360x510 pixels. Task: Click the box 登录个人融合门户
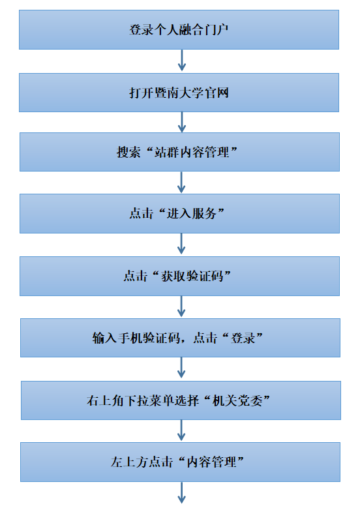(x=179, y=29)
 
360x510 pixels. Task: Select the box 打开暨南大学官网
(x=179, y=93)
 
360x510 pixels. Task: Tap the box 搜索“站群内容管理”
(x=179, y=152)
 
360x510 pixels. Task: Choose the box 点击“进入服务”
(x=179, y=214)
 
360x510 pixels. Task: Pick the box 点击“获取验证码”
(x=179, y=276)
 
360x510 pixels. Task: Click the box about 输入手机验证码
(x=180, y=338)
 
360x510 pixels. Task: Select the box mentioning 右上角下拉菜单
(x=181, y=400)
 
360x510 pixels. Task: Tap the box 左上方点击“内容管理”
(x=180, y=462)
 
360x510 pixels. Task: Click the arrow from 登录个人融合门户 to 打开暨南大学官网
(x=182, y=60)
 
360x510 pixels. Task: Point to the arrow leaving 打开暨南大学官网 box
(x=182, y=122)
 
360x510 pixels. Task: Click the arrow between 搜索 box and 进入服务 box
(x=181, y=182)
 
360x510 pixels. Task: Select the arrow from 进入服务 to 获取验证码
(x=181, y=244)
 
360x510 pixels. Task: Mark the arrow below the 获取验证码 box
(x=181, y=307)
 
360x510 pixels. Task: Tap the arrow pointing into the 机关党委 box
(x=181, y=368)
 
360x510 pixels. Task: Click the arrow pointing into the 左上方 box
(x=181, y=430)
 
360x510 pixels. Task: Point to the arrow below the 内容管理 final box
(x=182, y=492)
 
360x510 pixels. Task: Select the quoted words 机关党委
(x=237, y=400)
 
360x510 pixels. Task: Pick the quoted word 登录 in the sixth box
(x=243, y=338)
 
